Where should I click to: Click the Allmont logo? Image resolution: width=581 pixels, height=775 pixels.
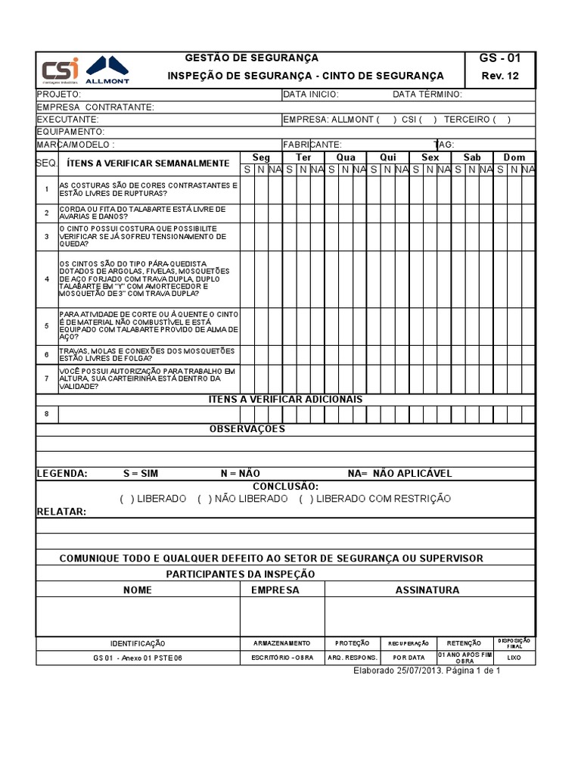[x=107, y=70]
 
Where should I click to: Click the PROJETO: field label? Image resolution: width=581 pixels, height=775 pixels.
[x=59, y=95]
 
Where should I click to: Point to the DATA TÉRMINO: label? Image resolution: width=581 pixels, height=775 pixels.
[x=427, y=95]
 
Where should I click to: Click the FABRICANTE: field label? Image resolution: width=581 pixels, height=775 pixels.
[x=312, y=144]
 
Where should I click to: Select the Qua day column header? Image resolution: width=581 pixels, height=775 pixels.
[x=346, y=157]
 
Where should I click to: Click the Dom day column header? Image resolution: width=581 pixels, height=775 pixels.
[x=514, y=157]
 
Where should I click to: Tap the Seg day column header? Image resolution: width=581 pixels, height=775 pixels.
[x=261, y=157]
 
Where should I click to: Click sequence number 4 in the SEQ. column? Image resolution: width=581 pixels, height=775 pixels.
[x=47, y=279]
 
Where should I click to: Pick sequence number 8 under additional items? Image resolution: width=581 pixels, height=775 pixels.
[x=47, y=413]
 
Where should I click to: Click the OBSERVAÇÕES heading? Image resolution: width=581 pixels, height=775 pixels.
[x=247, y=429]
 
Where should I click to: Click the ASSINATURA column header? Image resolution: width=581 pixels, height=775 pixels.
[x=427, y=590]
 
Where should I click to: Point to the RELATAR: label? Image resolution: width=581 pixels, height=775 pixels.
[x=62, y=512]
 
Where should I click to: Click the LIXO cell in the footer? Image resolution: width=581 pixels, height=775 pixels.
[x=514, y=658]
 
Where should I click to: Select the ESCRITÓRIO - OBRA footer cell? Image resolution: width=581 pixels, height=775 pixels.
[x=282, y=658]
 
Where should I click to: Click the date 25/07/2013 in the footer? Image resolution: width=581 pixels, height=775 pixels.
[x=419, y=671]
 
